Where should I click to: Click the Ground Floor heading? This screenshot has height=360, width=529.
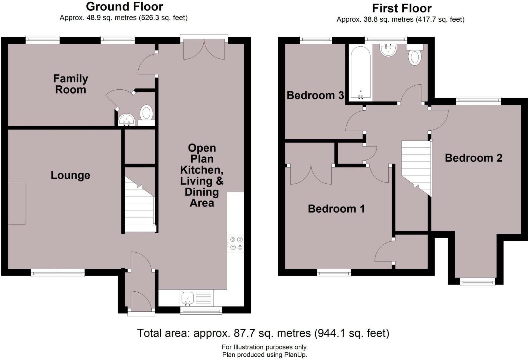point(124,7)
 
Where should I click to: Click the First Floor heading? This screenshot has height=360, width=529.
point(401,8)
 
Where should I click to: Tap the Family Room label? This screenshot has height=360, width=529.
point(71,84)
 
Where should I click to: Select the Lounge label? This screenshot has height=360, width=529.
point(70,175)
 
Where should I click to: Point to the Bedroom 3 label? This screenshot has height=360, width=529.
point(315,95)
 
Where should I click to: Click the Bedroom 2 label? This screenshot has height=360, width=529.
point(473,158)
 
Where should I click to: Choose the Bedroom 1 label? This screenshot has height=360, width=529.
point(336,209)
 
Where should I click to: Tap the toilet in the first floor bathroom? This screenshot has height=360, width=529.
point(415,55)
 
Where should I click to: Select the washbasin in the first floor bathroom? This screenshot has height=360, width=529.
point(388,51)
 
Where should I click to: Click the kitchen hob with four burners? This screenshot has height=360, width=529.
point(236,243)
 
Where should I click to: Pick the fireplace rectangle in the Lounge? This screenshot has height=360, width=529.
point(16,203)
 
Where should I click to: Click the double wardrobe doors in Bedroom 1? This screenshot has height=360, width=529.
point(311,174)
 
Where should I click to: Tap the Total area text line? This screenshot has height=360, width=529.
point(263,333)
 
